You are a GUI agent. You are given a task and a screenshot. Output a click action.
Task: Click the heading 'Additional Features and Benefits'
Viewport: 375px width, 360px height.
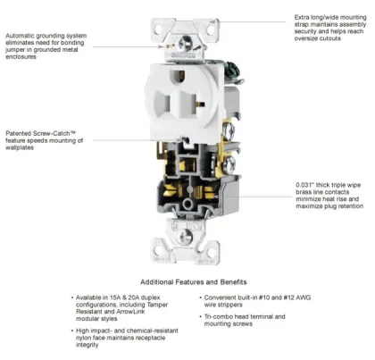[x=187, y=280]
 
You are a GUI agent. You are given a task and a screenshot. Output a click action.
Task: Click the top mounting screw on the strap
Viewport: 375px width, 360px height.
[x=187, y=41]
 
